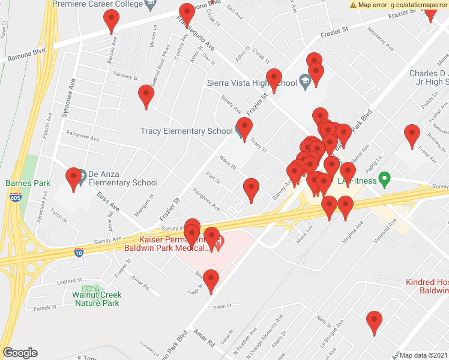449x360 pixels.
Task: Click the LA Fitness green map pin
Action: [386, 179]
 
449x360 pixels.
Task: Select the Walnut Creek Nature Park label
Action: [97, 299]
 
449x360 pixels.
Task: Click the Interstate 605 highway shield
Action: [15, 197]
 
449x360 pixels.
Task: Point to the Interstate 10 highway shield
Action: [79, 252]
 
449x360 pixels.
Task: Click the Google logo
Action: [20, 353]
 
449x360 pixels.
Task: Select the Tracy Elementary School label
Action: [186, 131]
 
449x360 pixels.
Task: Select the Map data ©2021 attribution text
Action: [423, 355]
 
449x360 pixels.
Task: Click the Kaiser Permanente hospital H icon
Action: [219, 242]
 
